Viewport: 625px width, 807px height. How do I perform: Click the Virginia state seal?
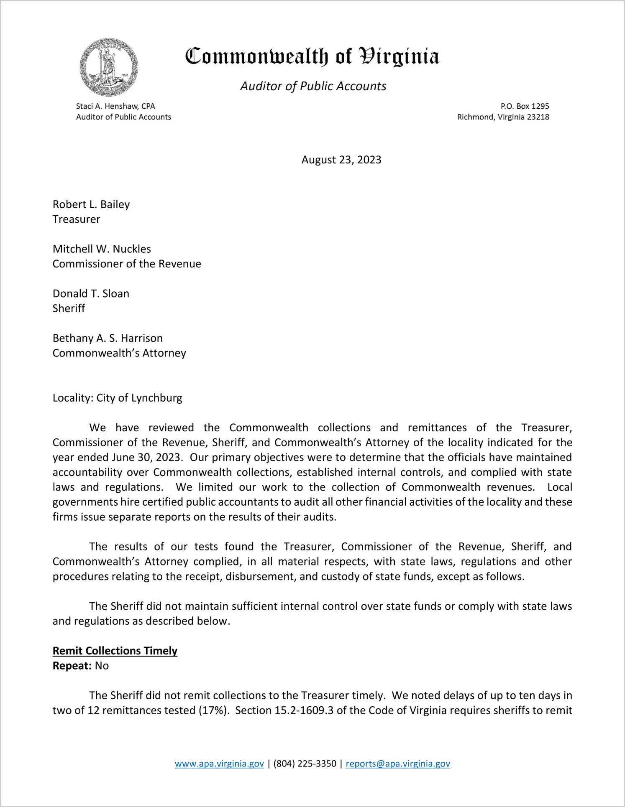(109, 67)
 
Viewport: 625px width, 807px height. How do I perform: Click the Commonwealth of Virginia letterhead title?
(312, 57)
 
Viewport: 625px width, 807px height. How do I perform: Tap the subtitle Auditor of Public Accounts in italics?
(313, 86)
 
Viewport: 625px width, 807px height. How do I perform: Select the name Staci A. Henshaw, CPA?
(115, 106)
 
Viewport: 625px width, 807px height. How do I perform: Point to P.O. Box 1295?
(525, 106)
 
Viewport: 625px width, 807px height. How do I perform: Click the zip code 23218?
(538, 117)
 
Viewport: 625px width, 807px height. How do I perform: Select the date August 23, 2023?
(341, 160)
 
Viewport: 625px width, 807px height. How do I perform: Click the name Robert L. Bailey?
(91, 204)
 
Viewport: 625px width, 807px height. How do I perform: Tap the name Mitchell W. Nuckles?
(102, 249)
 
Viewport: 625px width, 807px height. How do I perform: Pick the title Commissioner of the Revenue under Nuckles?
(127, 264)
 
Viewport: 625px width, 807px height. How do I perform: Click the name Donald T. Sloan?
(91, 294)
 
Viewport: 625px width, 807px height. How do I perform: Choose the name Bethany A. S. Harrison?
(108, 338)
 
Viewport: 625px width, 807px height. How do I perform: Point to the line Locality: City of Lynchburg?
(117, 398)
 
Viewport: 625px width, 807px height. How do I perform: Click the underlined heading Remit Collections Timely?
(115, 651)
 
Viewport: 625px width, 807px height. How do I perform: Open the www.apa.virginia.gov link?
(219, 764)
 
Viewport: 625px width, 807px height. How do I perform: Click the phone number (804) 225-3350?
(305, 764)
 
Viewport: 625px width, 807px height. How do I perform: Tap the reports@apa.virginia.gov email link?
(398, 764)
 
